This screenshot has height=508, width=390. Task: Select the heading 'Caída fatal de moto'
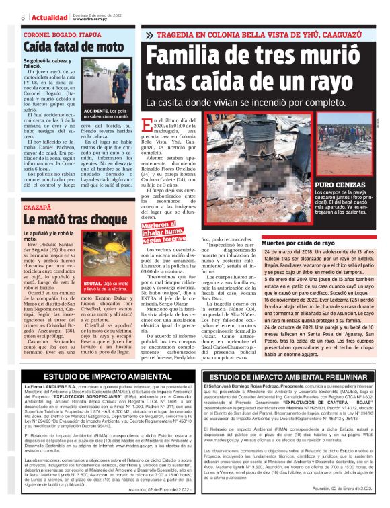[64, 47]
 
